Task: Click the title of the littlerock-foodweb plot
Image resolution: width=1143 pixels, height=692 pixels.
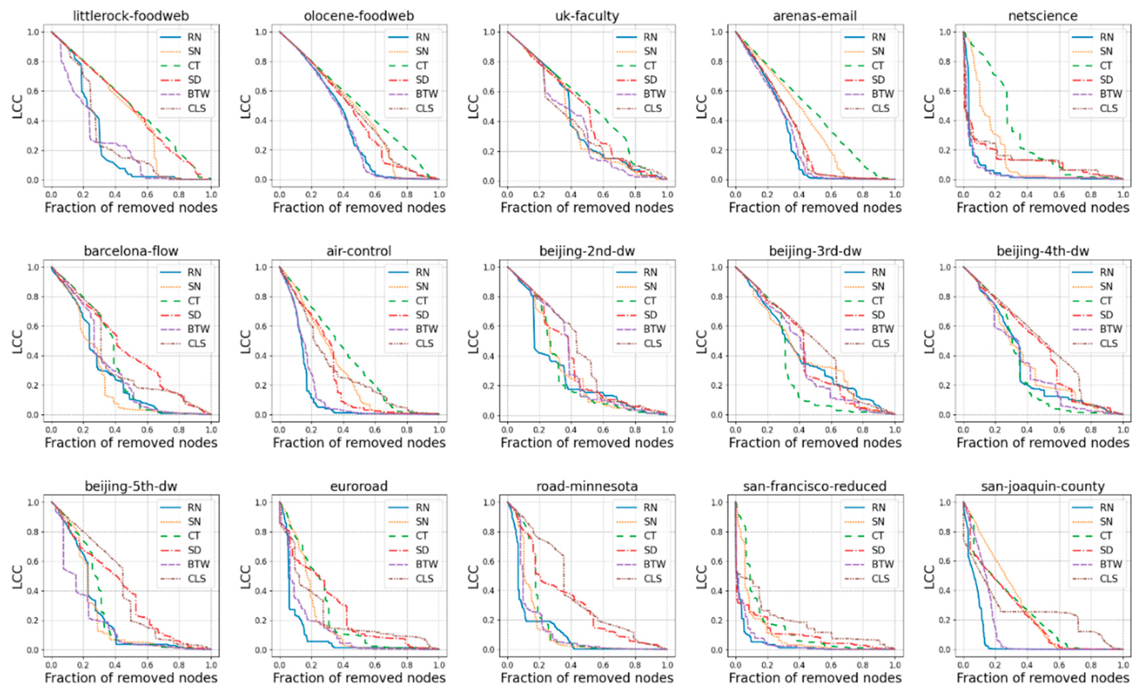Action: pos(131,16)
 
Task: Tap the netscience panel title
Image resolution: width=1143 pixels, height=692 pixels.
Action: pos(1043,16)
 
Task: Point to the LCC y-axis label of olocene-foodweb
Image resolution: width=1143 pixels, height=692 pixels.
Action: pos(246,106)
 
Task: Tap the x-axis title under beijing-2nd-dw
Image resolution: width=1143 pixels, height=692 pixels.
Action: pos(587,443)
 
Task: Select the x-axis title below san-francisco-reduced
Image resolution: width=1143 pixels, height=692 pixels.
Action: pos(815,678)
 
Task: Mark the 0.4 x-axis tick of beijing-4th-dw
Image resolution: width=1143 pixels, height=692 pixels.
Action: pos(1027,430)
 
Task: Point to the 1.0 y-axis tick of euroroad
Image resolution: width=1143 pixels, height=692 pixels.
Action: pos(261,503)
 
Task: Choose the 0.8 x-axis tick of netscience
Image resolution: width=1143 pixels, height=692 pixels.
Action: pos(1091,194)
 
